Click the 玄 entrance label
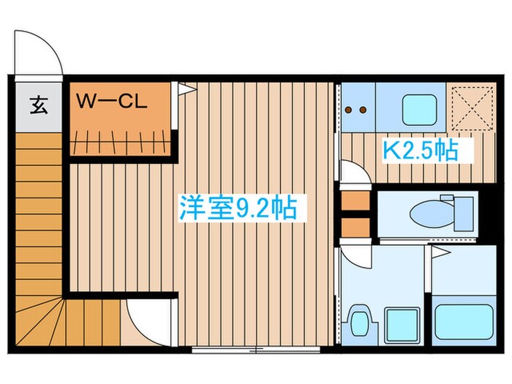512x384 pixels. point(39,105)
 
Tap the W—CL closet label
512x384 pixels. point(113,102)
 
